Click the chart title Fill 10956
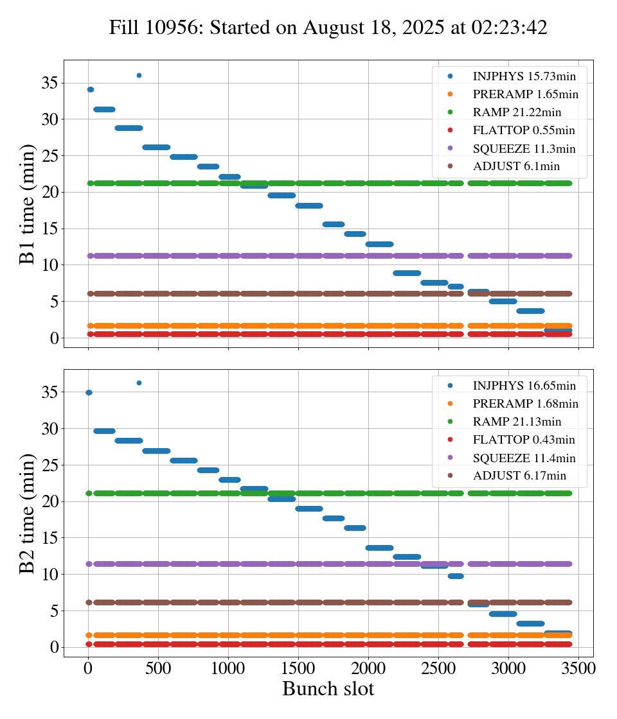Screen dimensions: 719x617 328,28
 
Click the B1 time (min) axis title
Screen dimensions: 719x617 28,204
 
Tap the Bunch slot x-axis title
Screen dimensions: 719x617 328,689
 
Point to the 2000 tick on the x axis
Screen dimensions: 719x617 368,668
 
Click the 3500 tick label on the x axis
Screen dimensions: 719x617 578,668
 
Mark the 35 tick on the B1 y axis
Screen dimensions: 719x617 50,83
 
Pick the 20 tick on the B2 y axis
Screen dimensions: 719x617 50,501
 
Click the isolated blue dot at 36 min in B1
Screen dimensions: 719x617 139,75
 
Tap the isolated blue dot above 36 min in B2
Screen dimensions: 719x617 139,383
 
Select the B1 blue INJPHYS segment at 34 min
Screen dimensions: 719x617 91,89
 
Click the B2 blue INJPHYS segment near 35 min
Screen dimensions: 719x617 89,392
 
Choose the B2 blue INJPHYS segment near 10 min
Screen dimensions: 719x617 456,576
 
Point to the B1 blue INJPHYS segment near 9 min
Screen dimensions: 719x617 406,273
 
